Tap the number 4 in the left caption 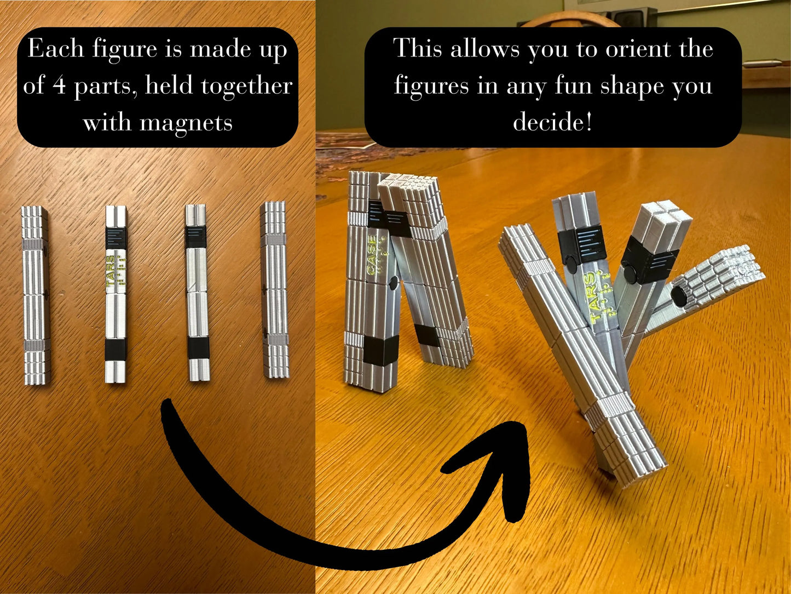click(x=59, y=85)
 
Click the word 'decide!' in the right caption click(x=552, y=122)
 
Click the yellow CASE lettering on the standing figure click(x=372, y=255)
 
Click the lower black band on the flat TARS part click(x=116, y=349)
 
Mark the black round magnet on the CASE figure click(x=393, y=283)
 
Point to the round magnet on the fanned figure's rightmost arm click(x=679, y=296)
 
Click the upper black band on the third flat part click(x=195, y=237)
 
